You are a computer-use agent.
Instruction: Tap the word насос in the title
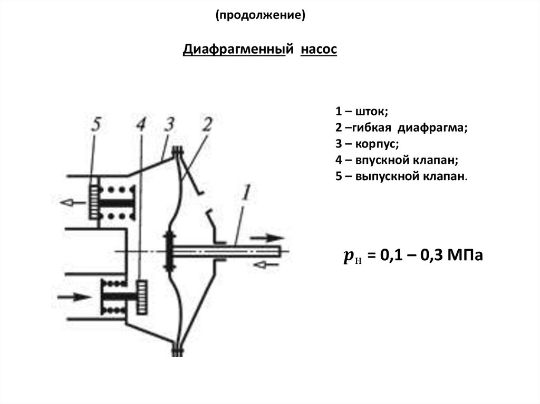pos(319,50)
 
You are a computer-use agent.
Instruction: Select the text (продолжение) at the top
pos(260,16)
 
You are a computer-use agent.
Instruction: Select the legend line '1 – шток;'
pos(361,112)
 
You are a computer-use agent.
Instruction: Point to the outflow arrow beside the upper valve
pos(73,202)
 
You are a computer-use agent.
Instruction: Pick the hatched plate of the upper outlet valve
pos(94,201)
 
